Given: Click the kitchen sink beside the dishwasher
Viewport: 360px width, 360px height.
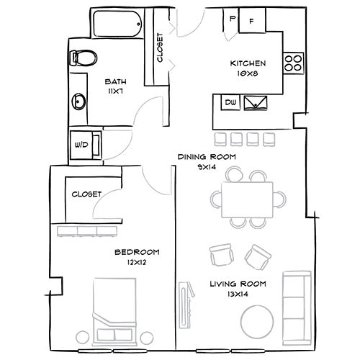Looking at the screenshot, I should pyautogui.click(x=256, y=104).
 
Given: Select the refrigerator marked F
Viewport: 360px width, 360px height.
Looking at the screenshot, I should pyautogui.click(x=252, y=20).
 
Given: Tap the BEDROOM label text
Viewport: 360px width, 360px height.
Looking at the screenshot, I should pyautogui.click(x=137, y=251).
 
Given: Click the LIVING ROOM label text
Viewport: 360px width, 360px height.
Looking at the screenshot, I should pyautogui.click(x=238, y=284).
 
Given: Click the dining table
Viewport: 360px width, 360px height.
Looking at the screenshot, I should pyautogui.click(x=248, y=199).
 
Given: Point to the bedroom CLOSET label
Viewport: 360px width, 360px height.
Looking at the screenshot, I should pyautogui.click(x=86, y=194).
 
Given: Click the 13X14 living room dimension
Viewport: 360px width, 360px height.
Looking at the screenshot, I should pyautogui.click(x=237, y=294).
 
